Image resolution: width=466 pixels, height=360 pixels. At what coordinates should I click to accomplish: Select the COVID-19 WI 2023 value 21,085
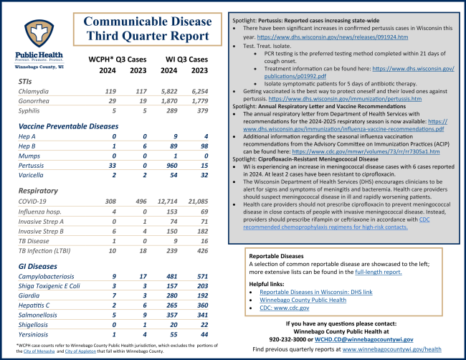[200, 203]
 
